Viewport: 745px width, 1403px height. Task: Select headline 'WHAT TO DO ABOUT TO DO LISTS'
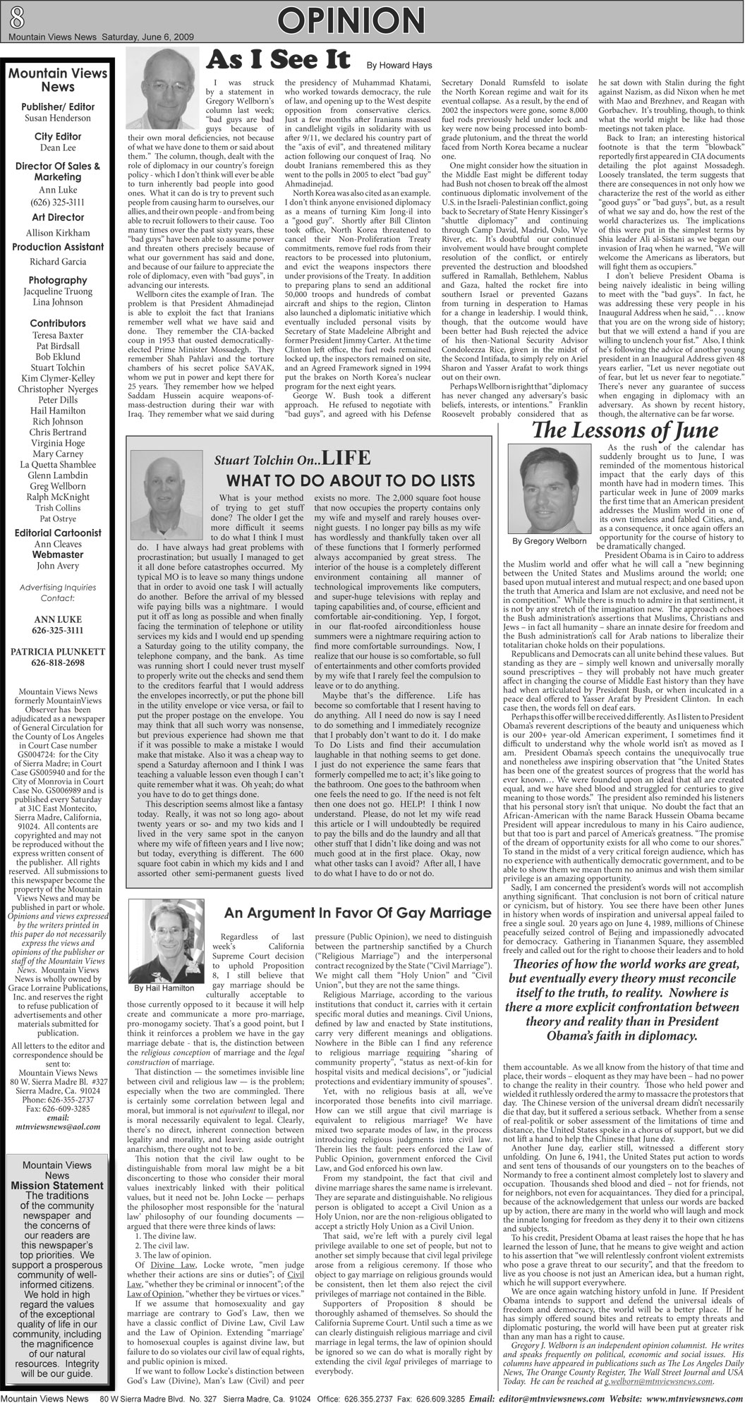pos(350,480)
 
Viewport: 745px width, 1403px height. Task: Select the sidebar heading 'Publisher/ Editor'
pos(58,107)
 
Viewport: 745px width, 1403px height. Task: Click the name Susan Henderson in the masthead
pos(58,118)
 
